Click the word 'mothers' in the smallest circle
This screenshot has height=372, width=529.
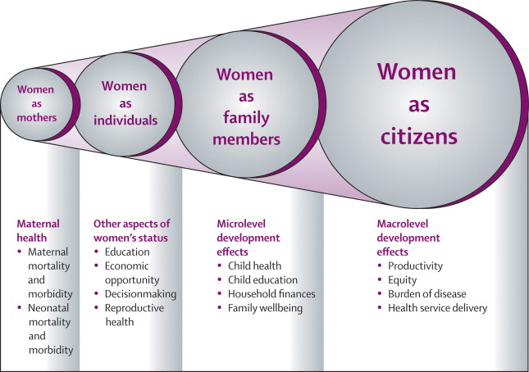(x=37, y=118)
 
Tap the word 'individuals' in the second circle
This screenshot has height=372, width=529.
(x=125, y=120)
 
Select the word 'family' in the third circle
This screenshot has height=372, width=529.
(x=246, y=118)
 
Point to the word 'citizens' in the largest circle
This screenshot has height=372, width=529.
(x=418, y=137)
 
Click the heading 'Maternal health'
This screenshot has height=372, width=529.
(x=38, y=231)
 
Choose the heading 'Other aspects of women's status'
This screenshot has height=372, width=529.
(x=131, y=231)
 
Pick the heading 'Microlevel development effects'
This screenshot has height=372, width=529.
(x=249, y=238)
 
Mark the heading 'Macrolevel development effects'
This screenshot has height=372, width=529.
(x=408, y=238)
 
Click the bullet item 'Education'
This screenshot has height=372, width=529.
(x=127, y=252)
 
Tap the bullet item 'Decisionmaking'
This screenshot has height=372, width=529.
(x=141, y=294)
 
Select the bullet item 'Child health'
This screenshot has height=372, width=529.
(x=255, y=265)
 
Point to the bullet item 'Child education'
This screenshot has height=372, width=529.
(x=262, y=280)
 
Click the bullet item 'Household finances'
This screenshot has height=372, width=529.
(x=271, y=294)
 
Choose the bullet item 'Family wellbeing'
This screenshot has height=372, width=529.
(x=265, y=308)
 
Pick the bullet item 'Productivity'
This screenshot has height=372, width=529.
(x=415, y=266)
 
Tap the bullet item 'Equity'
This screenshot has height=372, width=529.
(x=402, y=280)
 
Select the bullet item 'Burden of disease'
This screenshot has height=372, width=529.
(x=427, y=294)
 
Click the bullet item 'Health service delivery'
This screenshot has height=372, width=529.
(x=438, y=308)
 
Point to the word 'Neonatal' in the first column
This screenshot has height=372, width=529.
(x=48, y=308)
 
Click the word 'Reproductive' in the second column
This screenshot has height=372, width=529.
(x=135, y=308)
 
